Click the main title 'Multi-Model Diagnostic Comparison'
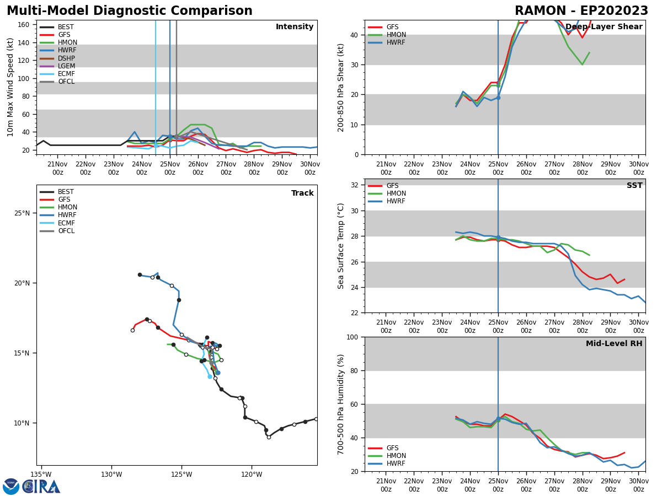130,11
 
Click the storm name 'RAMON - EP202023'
581,11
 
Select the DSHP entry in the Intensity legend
66,58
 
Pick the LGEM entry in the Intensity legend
66,66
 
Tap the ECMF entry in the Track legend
66,223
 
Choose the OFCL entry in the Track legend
66,231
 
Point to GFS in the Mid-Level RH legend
392,448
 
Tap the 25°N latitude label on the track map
22,213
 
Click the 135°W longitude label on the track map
41,475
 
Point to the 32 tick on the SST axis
355,185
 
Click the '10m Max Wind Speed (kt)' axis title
10,87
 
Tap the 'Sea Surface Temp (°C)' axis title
341,246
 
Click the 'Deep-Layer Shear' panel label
604,27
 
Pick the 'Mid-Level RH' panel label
614,344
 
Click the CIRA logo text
42,487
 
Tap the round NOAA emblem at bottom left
11,487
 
